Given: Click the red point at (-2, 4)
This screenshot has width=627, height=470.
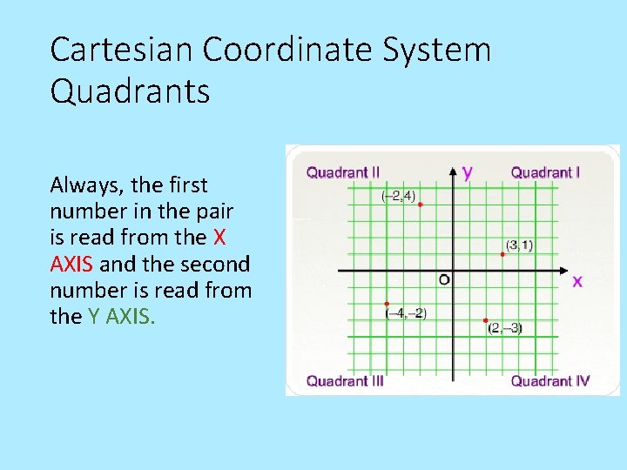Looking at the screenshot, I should (x=420, y=205).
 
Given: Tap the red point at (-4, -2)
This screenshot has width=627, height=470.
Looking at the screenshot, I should (x=387, y=303).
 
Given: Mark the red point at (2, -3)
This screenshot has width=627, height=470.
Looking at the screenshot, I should (x=486, y=320).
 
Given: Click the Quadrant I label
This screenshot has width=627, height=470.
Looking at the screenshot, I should (x=545, y=172).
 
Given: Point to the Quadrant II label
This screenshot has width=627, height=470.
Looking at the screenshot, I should (x=342, y=172).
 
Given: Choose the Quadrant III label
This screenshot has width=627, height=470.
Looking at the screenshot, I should (x=345, y=380).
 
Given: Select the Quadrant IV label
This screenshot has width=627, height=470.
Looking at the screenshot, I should (x=549, y=380).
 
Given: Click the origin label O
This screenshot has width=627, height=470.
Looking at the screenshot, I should (x=444, y=279).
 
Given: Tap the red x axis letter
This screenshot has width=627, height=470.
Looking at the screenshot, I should (x=576, y=281).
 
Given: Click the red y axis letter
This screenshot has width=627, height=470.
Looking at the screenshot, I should (x=468, y=171).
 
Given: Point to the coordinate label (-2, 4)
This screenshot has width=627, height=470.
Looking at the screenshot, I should (x=398, y=196).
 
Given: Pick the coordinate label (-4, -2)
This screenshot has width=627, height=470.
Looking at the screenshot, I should (x=407, y=313).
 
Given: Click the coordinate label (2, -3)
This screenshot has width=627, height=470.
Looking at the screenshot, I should (x=505, y=328).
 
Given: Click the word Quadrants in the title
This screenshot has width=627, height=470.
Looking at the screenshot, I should (x=130, y=91).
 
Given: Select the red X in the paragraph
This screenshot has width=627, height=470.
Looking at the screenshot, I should (x=219, y=237).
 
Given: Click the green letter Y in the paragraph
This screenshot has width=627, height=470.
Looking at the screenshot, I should (x=94, y=316).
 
